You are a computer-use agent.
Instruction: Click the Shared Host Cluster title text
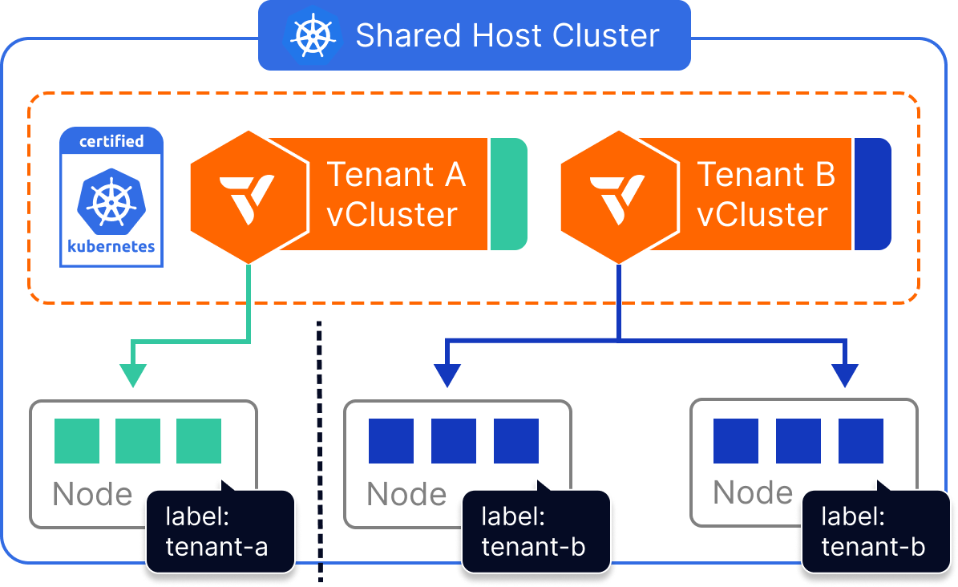tap(507, 36)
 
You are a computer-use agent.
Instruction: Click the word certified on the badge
tap(111, 141)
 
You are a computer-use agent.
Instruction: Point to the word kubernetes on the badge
tap(111, 246)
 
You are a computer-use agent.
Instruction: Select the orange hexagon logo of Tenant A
tap(249, 196)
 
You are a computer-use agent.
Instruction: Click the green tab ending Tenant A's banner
tap(507, 193)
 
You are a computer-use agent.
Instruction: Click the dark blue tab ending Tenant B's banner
tap(872, 193)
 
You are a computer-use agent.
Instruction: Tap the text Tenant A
tap(396, 174)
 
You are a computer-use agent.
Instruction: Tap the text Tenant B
tap(766, 174)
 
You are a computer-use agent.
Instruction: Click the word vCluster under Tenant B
tap(762, 215)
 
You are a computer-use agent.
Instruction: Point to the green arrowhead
tap(133, 375)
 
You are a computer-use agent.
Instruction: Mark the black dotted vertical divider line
tap(320, 449)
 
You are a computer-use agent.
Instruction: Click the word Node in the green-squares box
tap(92, 495)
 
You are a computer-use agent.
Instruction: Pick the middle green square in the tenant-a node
tap(138, 441)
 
